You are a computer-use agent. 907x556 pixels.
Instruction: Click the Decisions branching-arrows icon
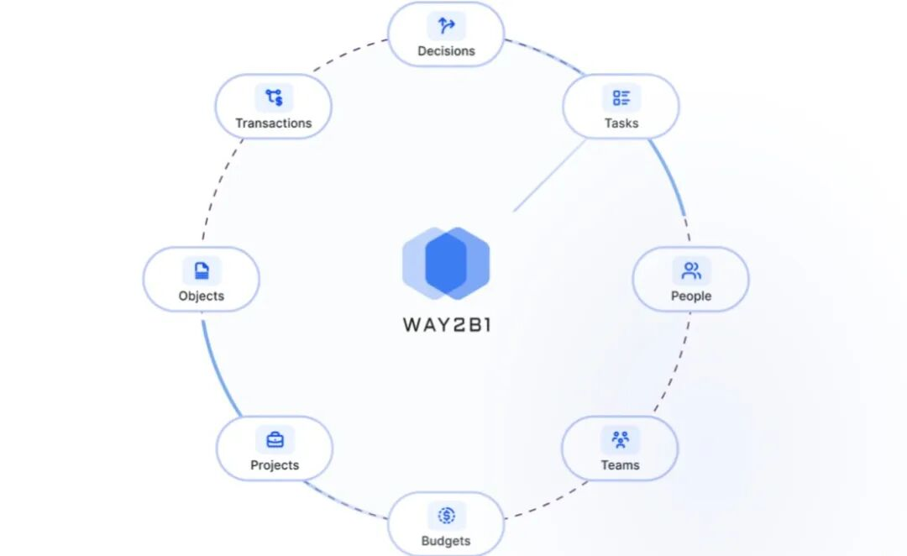point(446,26)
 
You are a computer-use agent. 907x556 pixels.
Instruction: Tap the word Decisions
point(446,51)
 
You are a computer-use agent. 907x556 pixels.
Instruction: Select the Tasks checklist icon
point(621,98)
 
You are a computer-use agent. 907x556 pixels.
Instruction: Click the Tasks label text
point(621,123)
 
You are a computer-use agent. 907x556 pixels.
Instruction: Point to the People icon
point(691,271)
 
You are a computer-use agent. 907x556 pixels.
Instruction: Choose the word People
point(691,296)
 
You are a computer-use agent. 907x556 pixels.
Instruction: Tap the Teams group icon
point(621,440)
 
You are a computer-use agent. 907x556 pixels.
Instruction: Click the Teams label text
point(621,465)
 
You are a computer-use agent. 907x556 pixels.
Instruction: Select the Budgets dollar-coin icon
point(447,516)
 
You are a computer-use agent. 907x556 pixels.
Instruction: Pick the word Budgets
point(446,541)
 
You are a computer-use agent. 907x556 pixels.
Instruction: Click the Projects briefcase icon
point(275,439)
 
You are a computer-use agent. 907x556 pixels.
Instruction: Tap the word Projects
point(275,465)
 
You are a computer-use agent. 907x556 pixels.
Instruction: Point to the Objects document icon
point(202,270)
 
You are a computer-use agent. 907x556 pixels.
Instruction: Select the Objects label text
point(202,296)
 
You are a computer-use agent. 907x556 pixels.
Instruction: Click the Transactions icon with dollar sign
point(274,97)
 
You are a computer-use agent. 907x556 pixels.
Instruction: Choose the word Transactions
point(274,123)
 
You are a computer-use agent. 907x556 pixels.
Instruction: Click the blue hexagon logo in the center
point(446,263)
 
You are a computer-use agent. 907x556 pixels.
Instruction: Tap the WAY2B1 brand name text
point(446,324)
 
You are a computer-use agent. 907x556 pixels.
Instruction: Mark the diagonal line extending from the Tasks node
point(549,176)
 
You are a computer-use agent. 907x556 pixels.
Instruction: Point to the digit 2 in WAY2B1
point(453,324)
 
